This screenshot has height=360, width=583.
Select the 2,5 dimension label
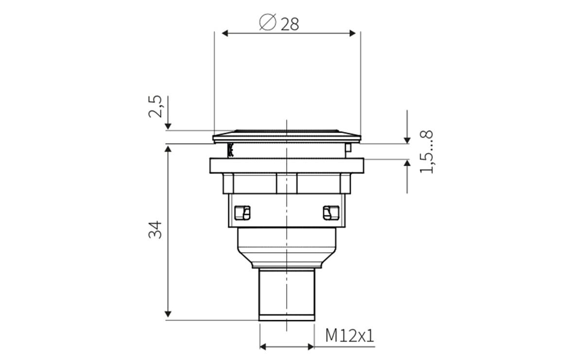pos(156,106)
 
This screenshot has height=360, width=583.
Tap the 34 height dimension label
pos(155,229)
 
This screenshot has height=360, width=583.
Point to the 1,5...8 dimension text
pos(426,152)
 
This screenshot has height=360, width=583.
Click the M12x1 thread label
pos(350,336)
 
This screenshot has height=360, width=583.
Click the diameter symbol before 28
pos(268,23)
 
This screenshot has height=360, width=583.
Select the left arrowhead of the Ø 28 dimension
pos(225,33)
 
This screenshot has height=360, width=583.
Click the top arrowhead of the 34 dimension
pos(168,148)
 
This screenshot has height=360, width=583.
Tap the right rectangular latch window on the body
pos(329,212)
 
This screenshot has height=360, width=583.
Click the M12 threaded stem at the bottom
pos(287,294)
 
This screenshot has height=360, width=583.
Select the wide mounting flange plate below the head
pos(287,166)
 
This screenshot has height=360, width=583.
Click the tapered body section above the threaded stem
pos(287,248)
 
